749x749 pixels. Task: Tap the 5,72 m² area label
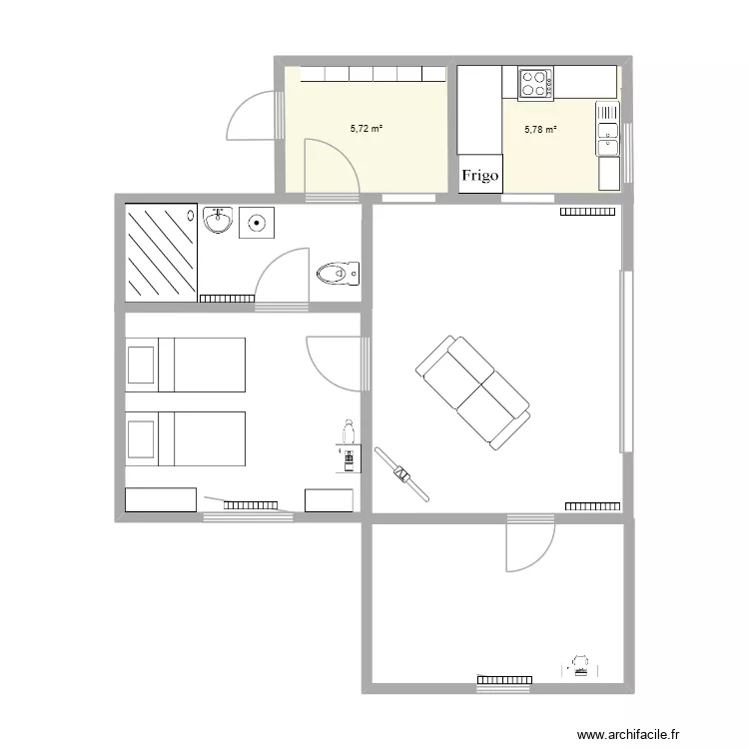coord(367,129)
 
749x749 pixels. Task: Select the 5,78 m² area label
coord(540,129)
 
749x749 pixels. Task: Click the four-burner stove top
coord(535,83)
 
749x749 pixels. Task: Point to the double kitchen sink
coord(608,131)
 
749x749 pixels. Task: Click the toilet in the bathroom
coord(337,272)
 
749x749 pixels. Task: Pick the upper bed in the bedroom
coord(185,365)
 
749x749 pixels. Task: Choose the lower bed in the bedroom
coord(185,438)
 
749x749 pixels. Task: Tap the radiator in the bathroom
coord(228,298)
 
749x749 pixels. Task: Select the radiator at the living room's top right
coord(587,211)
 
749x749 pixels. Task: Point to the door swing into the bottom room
coord(527,547)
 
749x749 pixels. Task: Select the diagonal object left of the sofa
coord(401,474)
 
